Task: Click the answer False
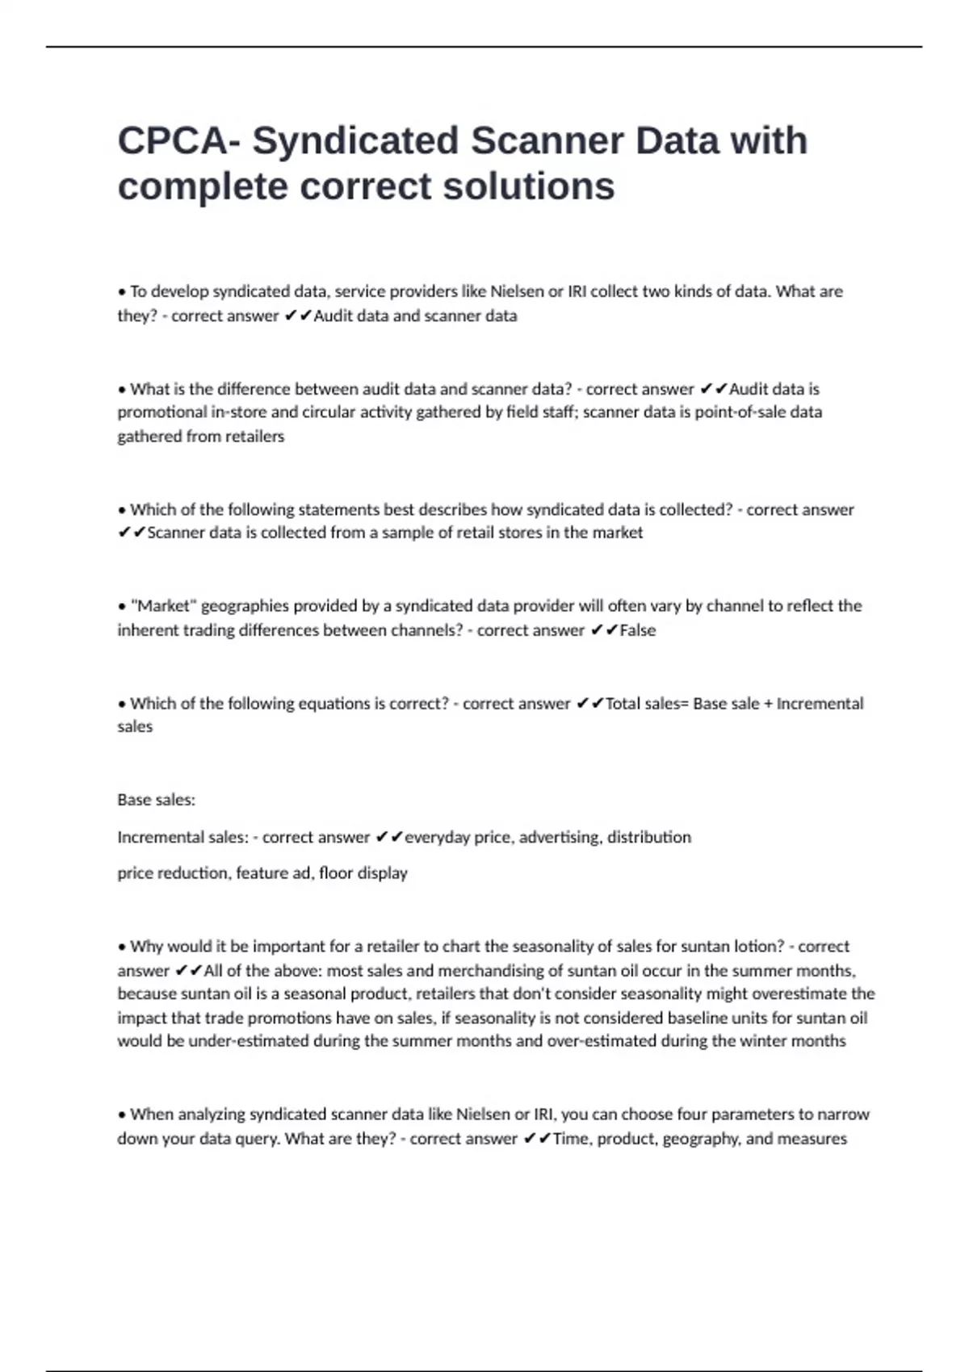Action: pos(637,630)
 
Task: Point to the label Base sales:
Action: pos(156,800)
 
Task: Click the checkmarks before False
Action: pos(604,630)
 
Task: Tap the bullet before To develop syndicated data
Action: pos(122,291)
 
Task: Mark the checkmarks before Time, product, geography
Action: pos(537,1139)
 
